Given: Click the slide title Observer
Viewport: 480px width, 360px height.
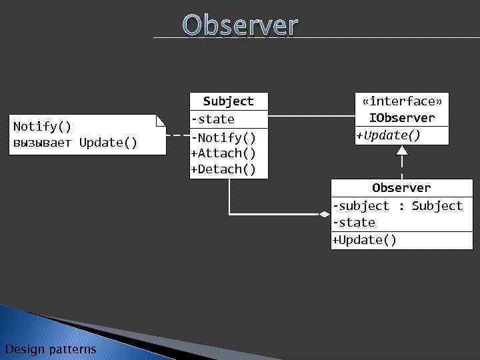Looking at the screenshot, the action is [240, 25].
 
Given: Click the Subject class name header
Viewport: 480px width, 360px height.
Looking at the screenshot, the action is [228, 101].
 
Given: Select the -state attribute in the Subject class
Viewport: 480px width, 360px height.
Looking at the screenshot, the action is [213, 119].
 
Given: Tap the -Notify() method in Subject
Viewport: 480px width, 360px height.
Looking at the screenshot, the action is [223, 138].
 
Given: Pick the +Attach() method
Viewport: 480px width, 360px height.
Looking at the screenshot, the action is [223, 153].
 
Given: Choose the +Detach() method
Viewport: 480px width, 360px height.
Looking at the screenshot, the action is [223, 169].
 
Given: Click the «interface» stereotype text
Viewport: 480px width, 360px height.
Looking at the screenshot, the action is [401, 101].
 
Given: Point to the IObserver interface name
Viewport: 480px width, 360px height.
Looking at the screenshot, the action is [401, 118].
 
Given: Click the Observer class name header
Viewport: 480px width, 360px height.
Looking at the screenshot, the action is [401, 188].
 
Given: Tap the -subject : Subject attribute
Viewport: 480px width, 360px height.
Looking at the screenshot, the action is [397, 206].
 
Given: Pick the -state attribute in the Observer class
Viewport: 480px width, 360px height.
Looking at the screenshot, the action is [354, 223].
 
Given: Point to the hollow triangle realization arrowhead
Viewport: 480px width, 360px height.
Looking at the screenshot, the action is [401, 150].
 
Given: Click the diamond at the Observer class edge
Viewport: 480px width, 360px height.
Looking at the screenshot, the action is [324, 214].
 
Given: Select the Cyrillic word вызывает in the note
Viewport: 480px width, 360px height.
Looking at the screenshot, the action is [43, 143].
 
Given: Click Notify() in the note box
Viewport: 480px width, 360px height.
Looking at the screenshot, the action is [43, 127].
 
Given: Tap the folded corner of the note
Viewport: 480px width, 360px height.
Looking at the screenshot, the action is [161, 120].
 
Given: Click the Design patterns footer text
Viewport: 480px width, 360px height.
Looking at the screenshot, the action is [50, 349].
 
